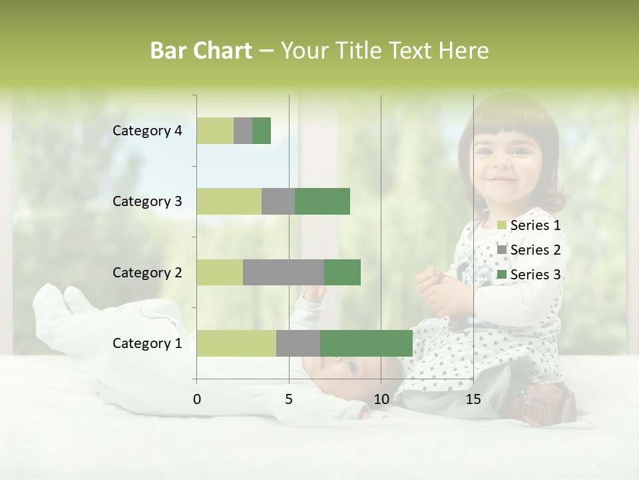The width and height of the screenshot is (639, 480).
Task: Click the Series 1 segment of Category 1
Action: [236, 343]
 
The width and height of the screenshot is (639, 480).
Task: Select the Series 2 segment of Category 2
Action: [284, 272]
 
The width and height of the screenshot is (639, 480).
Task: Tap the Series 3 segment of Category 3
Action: [322, 201]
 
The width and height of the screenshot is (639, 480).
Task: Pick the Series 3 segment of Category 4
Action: [262, 131]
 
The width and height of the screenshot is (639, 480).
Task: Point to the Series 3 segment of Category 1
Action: [366, 343]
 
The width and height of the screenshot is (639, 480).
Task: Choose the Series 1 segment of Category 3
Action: [229, 201]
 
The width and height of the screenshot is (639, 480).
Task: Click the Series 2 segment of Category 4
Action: [243, 131]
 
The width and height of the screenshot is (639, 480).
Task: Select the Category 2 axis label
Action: [147, 272]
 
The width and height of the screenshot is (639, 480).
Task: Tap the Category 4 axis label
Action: [147, 131]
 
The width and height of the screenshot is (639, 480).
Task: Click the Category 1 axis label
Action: [147, 343]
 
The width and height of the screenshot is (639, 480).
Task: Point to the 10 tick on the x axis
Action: [381, 399]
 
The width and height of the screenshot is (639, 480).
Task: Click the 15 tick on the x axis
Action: [473, 399]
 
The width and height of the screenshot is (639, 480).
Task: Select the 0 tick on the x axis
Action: [197, 399]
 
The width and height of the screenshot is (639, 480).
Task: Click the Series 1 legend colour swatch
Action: [502, 225]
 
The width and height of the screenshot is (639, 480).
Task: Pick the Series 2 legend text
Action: [535, 250]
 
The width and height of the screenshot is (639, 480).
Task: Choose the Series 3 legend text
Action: [535, 275]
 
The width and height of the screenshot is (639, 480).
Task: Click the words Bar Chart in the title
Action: [201, 51]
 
